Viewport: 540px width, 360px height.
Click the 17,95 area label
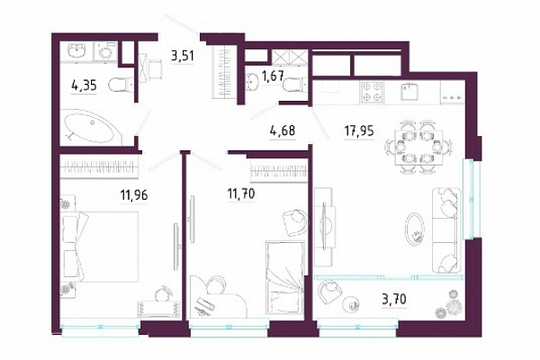(x=359, y=130)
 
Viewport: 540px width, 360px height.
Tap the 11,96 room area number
(x=134, y=195)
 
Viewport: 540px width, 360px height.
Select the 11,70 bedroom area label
(x=240, y=194)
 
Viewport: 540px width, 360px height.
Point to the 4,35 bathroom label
(x=84, y=85)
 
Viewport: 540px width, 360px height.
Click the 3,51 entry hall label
(x=183, y=56)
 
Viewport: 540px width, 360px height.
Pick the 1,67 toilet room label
(x=273, y=76)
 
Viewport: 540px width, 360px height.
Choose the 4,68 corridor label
(x=282, y=130)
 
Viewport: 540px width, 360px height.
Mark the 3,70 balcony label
(x=394, y=299)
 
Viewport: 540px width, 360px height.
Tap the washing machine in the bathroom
(x=104, y=52)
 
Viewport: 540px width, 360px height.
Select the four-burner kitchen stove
(x=372, y=92)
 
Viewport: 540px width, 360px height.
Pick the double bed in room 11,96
(x=101, y=247)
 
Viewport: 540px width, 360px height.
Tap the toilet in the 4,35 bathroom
(x=121, y=85)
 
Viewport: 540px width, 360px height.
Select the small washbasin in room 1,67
(x=253, y=81)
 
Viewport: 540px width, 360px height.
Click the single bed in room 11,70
(x=285, y=278)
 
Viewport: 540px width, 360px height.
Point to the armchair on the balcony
(x=329, y=292)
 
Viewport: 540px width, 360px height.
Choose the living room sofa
(x=446, y=230)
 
